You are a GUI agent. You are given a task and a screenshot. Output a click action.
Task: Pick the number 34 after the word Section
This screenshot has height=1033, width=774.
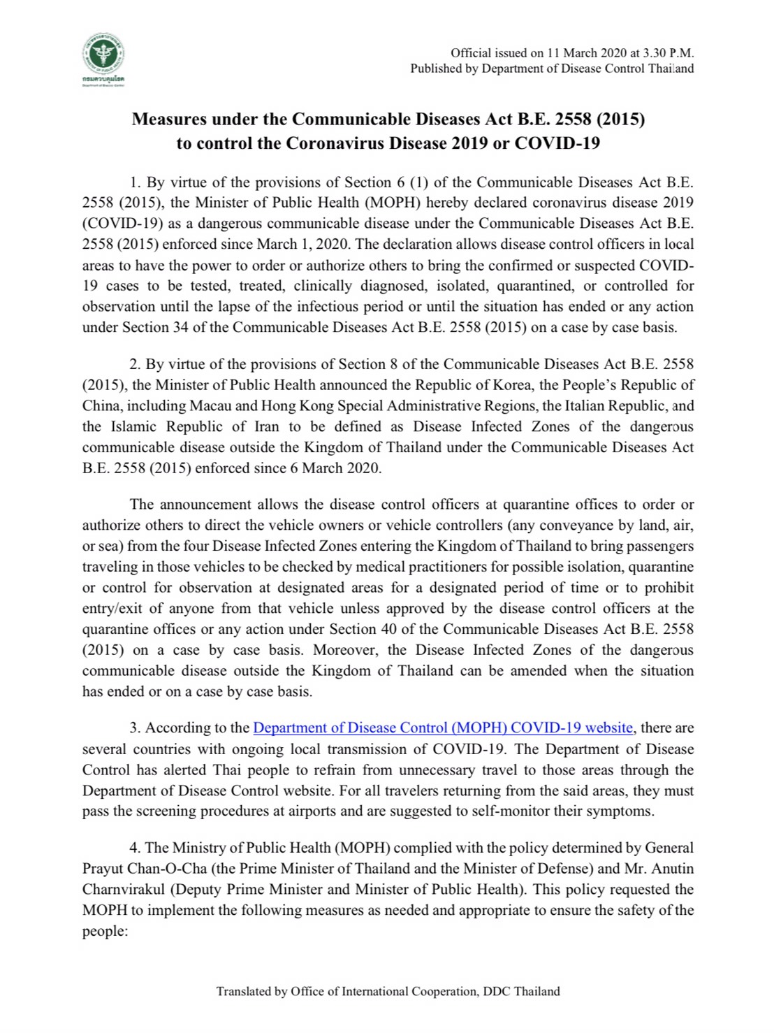coord(180,327)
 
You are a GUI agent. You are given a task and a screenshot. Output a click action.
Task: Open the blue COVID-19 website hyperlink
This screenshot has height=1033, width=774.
coord(443,728)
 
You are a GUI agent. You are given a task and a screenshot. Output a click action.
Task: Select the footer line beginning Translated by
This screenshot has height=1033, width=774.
coord(388,991)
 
